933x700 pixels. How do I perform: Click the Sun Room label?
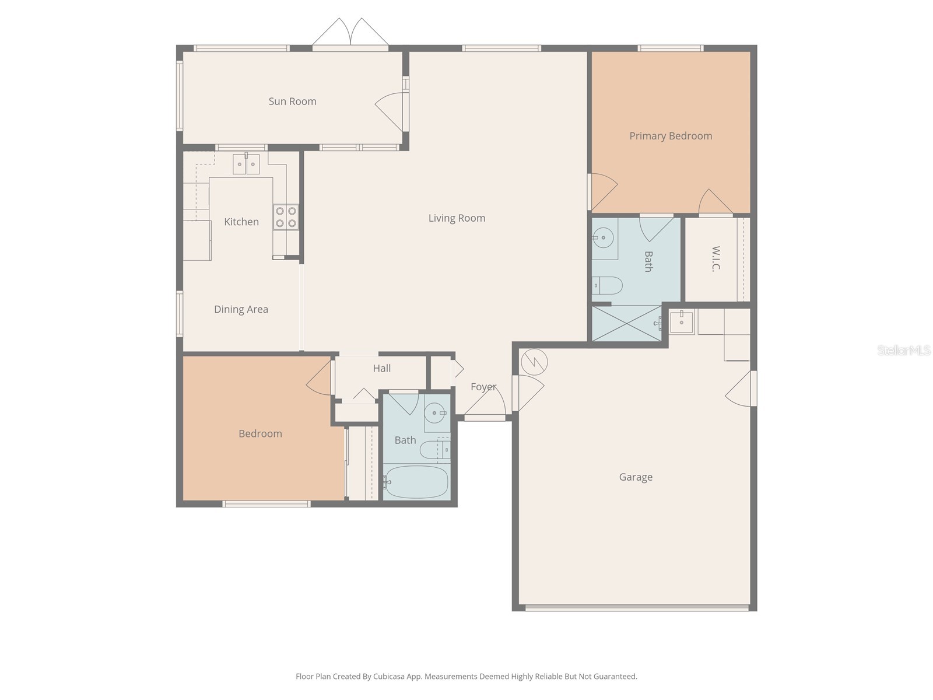(292, 101)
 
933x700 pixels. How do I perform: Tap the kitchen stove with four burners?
(286, 217)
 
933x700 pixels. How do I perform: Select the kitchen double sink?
(246, 164)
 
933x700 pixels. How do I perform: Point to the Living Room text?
(457, 218)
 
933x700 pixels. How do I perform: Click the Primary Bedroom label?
(671, 136)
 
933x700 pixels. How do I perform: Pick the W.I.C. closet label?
(716, 258)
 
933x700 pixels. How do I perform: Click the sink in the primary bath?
(603, 237)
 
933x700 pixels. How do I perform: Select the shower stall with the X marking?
(626, 323)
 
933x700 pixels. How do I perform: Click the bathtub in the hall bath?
(416, 482)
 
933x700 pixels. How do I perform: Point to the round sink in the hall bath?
(434, 413)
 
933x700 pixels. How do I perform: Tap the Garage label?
(636, 477)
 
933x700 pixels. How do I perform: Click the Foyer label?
(483, 387)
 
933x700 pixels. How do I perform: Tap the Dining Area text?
(241, 310)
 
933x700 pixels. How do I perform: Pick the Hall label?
(382, 368)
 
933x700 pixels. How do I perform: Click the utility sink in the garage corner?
(681, 321)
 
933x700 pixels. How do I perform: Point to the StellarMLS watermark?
(903, 351)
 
